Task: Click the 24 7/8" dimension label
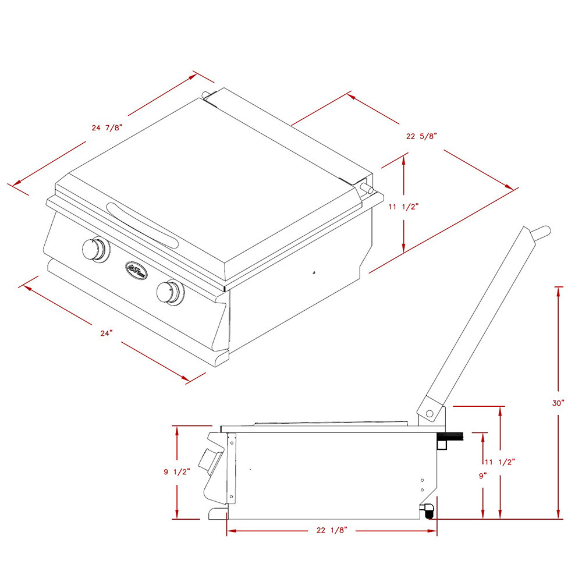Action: (x=107, y=127)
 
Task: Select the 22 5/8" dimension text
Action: (x=421, y=136)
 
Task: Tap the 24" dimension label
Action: (x=106, y=333)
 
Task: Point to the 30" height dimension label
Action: (x=559, y=403)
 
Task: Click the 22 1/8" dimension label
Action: (x=332, y=530)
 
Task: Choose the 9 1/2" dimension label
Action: (x=175, y=472)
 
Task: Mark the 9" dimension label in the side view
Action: (x=482, y=475)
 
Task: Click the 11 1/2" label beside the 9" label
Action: (x=500, y=462)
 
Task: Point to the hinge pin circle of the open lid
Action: (x=429, y=413)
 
